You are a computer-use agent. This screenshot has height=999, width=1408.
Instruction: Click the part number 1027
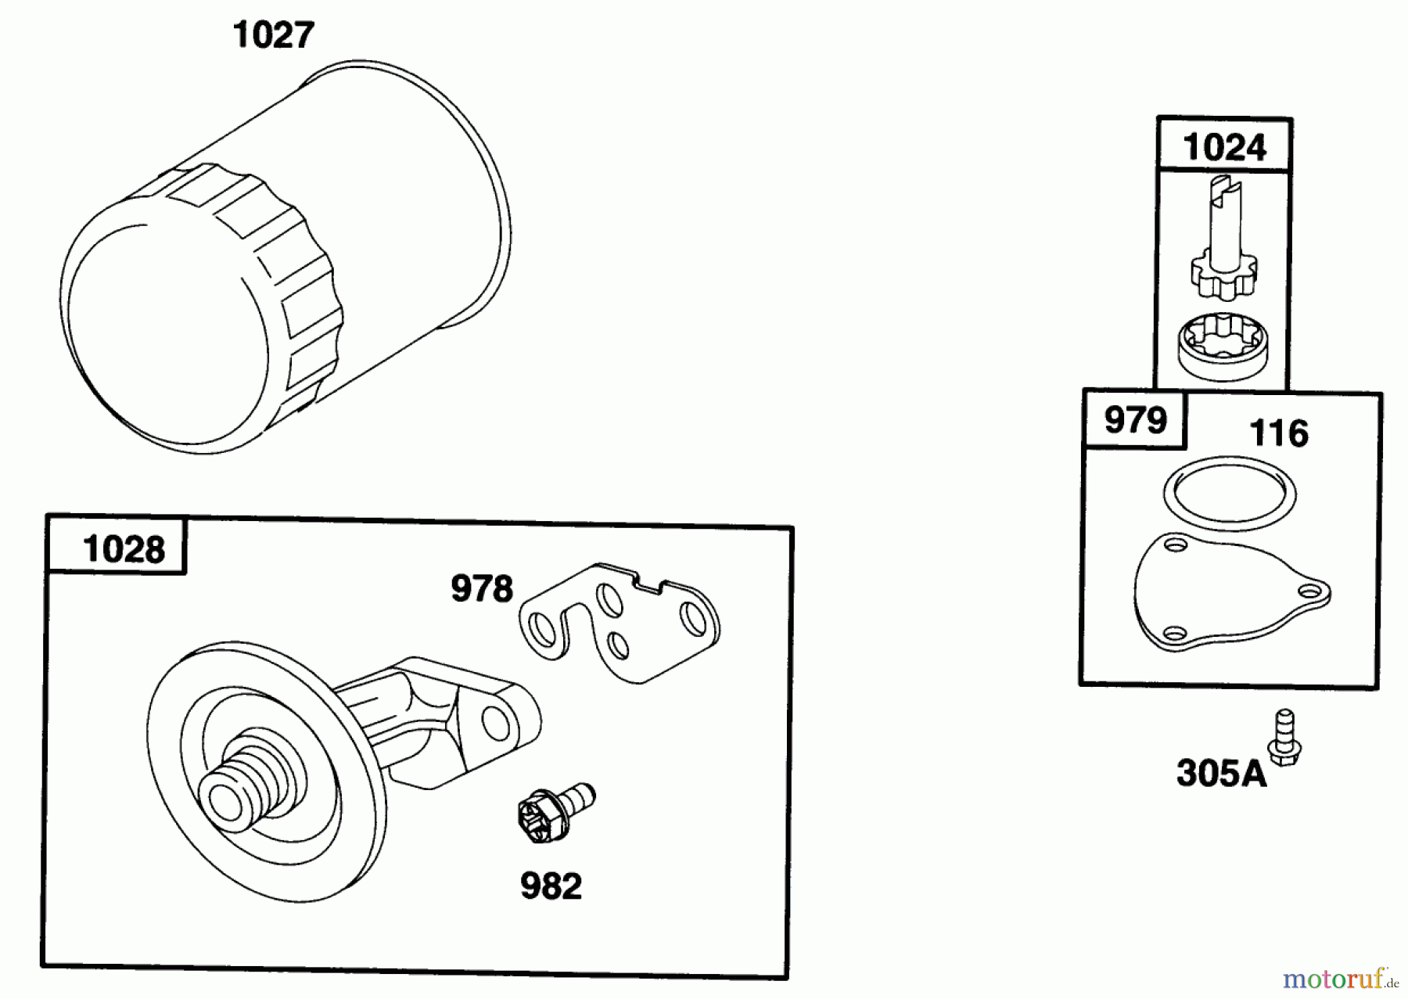[x=274, y=36]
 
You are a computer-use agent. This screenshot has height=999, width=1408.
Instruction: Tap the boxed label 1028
[x=123, y=549]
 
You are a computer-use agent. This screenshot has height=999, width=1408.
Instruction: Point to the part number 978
[x=481, y=589]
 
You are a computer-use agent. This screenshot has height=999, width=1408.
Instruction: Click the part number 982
[x=551, y=886]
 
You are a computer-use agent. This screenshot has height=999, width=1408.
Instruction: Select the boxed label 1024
[x=1224, y=147]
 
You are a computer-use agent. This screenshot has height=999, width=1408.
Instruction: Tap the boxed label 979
[x=1135, y=421]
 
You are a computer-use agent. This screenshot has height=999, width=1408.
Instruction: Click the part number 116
[x=1278, y=433]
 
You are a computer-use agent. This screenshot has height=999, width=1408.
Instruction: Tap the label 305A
[x=1220, y=774]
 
